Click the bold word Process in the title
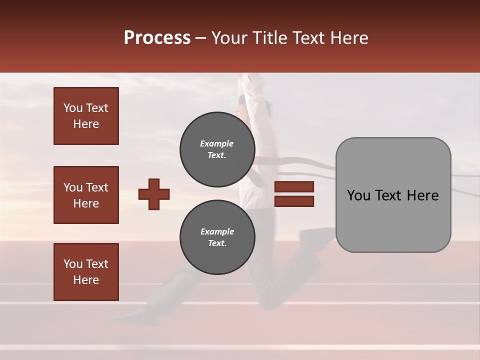(x=157, y=38)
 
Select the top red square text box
(x=86, y=116)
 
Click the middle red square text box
(x=86, y=195)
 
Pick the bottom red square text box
(x=86, y=272)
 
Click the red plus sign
(x=154, y=194)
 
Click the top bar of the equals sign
(x=294, y=187)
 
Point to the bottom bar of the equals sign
(x=294, y=201)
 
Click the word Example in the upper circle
(x=217, y=143)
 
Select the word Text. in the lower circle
(x=217, y=243)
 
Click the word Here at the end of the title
(x=349, y=38)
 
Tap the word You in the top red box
(x=73, y=108)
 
